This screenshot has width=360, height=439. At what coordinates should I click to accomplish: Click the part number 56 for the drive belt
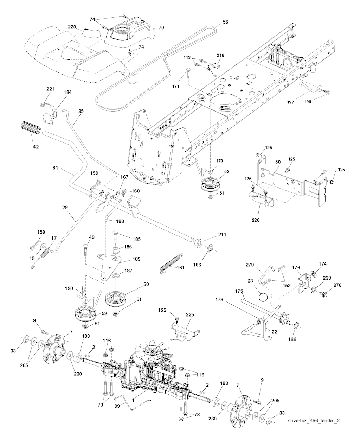pos(225,22)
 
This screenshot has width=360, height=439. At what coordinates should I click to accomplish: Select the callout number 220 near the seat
pos(72,27)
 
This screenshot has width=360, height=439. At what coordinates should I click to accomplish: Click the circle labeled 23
pos(263,297)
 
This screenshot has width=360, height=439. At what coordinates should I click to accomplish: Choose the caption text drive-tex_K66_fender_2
pos(314,420)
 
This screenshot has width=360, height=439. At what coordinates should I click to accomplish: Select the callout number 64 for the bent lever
pos(55,168)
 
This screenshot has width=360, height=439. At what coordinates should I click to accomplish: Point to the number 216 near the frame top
pos(220,56)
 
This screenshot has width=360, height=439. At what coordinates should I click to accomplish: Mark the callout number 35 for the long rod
pos(81,111)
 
